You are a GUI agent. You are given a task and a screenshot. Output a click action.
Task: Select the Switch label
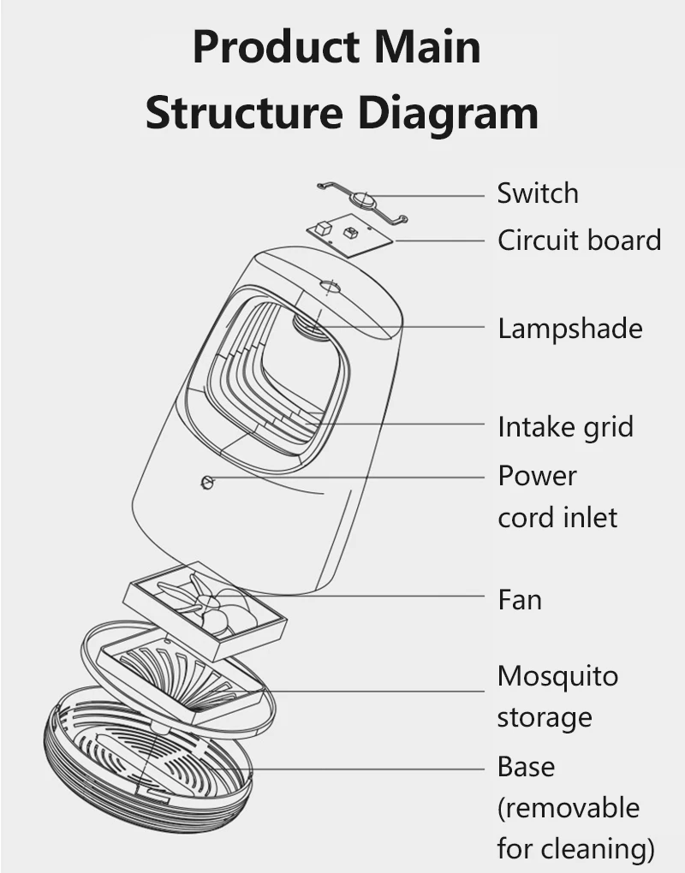coord(538,193)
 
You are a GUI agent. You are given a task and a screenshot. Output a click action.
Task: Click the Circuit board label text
coord(580,241)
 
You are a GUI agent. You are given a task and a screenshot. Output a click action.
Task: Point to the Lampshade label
coord(569,328)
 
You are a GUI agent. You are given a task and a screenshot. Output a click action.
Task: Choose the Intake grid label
coord(565,426)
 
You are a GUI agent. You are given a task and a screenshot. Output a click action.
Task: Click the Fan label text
coord(520,599)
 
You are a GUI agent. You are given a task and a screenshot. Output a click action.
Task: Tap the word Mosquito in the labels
coord(557,676)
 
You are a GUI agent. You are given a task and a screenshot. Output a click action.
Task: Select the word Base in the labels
coord(526,766)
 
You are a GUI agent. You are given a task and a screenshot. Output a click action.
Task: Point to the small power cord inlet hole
coord(205,483)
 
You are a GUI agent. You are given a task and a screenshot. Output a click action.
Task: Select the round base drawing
coord(146,762)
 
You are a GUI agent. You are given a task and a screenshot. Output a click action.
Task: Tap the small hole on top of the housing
coord(330,284)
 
